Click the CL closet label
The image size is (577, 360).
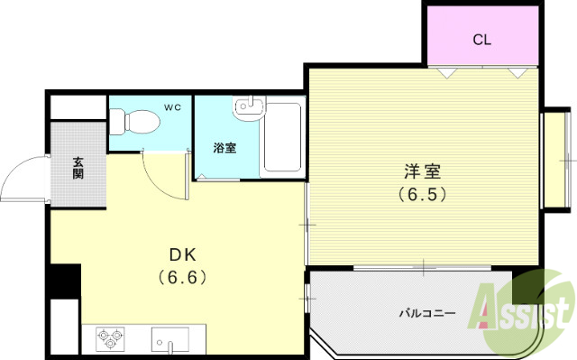pyautogui.click(x=482, y=40)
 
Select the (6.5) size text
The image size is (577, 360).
pyautogui.click(x=422, y=193)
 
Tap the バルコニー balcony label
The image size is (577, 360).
pyautogui.click(x=427, y=313)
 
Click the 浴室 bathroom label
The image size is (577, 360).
pyautogui.click(x=224, y=148)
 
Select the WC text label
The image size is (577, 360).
pyautogui.click(x=172, y=108)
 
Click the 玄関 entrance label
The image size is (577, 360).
pyautogui.click(x=78, y=168)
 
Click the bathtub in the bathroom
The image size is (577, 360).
pyautogui.click(x=281, y=142)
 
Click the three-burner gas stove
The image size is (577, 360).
pyautogui.click(x=109, y=339)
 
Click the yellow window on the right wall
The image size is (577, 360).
pyautogui.click(x=549, y=162)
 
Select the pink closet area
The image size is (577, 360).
pyautogui.click(x=482, y=36)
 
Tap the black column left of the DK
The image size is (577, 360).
pyautogui.click(x=64, y=281)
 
